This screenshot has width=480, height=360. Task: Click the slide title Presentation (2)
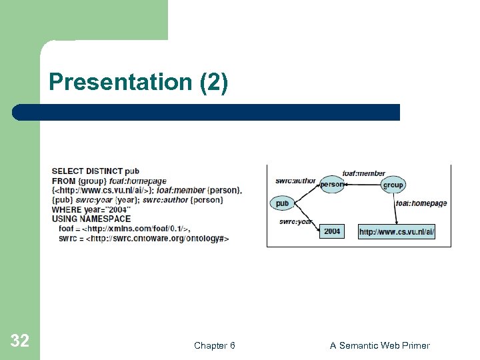[x=138, y=83]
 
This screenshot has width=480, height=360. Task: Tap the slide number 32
[x=20, y=341]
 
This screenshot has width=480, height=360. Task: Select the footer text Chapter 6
[x=214, y=345]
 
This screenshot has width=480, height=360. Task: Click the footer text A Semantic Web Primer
[x=379, y=345]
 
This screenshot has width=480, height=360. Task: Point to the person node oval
[x=331, y=184]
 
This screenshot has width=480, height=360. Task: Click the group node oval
[x=393, y=185]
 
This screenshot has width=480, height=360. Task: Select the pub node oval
[x=282, y=203]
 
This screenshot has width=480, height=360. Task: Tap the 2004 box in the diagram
[x=332, y=231]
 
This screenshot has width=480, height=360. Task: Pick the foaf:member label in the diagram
[x=363, y=173]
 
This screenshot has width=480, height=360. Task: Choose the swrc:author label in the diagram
[x=296, y=181]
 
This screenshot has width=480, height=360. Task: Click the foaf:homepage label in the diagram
[x=421, y=203]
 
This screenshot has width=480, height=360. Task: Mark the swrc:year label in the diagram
[x=295, y=221]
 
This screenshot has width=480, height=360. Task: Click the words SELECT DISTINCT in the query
[x=85, y=171]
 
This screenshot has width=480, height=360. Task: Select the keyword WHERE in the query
[x=66, y=209]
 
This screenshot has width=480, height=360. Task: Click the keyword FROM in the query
[x=63, y=181]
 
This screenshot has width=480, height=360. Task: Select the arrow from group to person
[x=362, y=185]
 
